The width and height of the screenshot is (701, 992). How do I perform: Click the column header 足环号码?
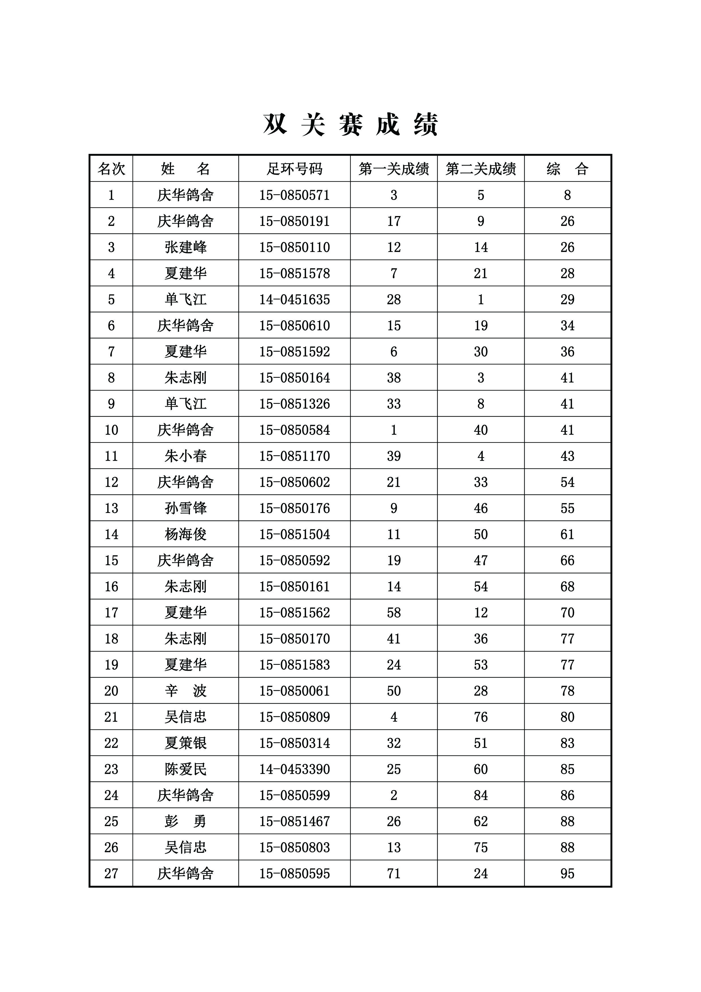point(294,169)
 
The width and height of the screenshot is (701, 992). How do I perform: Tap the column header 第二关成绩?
point(481,169)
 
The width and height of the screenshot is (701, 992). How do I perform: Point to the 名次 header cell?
point(111,169)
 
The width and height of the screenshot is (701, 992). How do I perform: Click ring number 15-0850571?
point(294,195)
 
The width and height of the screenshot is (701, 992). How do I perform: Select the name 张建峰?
point(185,247)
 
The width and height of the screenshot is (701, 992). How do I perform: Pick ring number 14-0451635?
point(294,299)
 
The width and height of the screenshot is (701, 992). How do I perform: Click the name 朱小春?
point(185,456)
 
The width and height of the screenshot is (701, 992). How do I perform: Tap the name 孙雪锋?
point(185,508)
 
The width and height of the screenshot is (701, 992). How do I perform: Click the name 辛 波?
point(185,691)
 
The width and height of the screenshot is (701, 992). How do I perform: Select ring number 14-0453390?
point(294,769)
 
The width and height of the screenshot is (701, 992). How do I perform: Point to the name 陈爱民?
point(185,769)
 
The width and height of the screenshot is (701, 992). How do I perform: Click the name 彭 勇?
point(185,821)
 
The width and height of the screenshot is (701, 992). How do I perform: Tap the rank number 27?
point(111,874)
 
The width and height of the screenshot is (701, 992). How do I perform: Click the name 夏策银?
point(185,743)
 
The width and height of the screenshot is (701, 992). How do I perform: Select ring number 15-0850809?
point(294,717)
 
